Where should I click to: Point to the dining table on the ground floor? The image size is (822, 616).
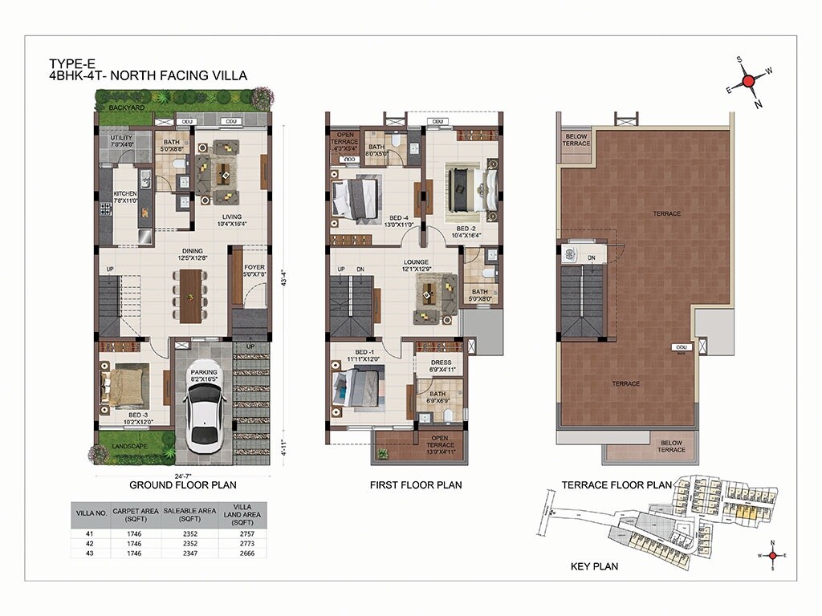click(191, 294)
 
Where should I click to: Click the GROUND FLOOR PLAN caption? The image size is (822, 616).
click(183, 485)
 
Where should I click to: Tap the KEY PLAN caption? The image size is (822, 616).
click(594, 566)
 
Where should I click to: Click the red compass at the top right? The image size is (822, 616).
click(748, 81)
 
